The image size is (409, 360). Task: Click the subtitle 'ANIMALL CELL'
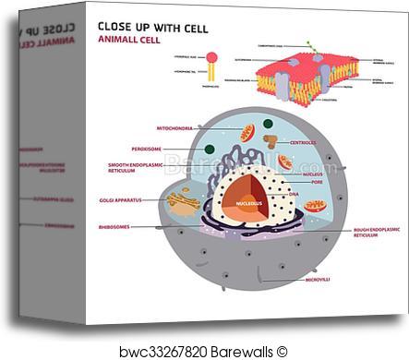128,41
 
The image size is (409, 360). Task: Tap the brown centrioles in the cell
271,141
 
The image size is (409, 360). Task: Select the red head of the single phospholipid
211,57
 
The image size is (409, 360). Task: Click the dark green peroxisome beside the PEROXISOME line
210,149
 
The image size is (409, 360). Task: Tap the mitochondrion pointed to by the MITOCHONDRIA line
247,134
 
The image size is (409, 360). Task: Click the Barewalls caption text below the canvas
204,351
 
